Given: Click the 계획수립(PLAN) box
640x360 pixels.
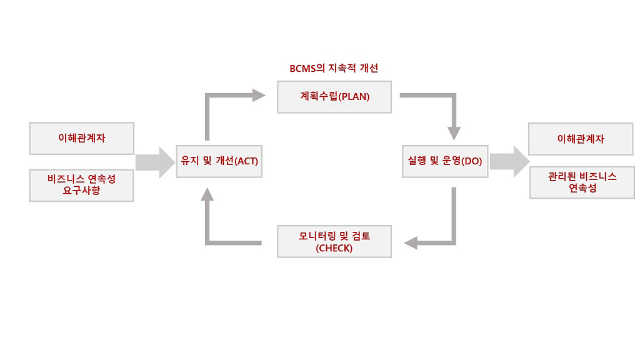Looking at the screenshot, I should [x=334, y=97].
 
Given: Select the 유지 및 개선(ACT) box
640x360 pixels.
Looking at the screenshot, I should [x=219, y=161].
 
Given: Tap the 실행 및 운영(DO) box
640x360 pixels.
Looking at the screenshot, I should [x=444, y=161].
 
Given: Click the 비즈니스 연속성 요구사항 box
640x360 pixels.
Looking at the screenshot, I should [x=81, y=184].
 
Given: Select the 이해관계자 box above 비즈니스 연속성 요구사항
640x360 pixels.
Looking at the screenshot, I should [x=81, y=138].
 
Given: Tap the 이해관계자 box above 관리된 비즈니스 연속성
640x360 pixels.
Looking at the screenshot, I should [x=581, y=139].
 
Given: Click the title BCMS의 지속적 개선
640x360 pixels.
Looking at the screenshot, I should [x=334, y=67].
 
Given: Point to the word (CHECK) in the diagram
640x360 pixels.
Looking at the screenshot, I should [x=334, y=248].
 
